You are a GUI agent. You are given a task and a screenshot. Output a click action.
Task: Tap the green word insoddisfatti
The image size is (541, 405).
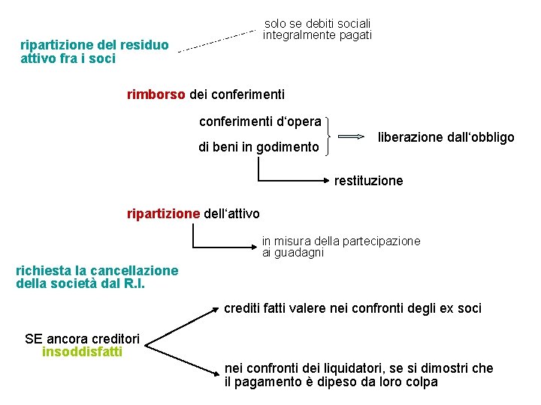point(82,351)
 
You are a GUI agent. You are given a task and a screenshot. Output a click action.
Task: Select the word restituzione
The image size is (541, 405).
point(368,181)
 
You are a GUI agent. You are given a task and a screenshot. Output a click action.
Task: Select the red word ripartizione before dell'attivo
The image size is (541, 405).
point(164,214)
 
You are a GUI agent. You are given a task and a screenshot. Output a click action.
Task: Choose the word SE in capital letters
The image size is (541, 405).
point(34,338)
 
